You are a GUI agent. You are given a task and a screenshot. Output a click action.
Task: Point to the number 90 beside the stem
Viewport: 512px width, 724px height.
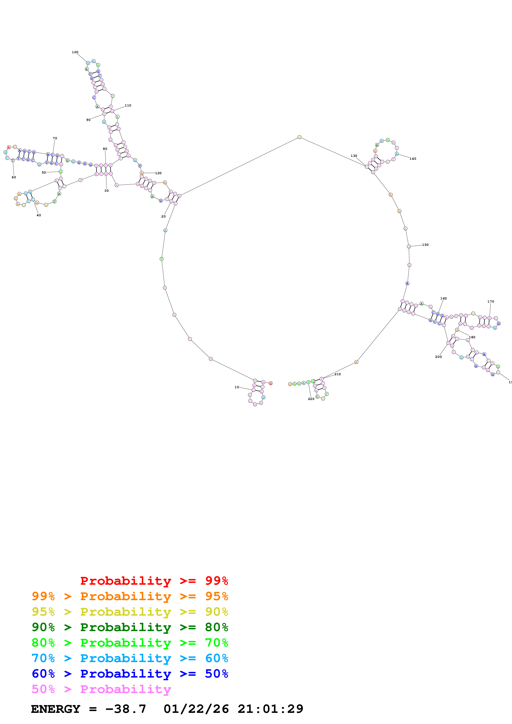tap(88, 120)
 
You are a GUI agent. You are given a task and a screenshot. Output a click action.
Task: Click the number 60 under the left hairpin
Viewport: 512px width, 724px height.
tap(14, 177)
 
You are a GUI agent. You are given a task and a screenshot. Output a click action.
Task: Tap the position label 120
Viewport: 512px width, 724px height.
tap(158, 173)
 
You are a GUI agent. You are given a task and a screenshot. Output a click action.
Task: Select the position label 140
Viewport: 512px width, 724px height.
tap(413, 159)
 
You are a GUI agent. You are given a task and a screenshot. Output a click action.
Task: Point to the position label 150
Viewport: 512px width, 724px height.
tap(425, 245)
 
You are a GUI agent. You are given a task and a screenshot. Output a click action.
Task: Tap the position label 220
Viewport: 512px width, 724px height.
tap(311, 399)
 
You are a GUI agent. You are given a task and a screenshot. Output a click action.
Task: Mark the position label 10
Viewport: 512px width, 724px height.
tap(237, 387)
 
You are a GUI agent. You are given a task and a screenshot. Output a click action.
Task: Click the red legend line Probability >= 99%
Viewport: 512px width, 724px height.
tap(154, 581)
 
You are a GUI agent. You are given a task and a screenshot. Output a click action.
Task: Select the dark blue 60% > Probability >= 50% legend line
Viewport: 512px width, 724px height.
tap(130, 674)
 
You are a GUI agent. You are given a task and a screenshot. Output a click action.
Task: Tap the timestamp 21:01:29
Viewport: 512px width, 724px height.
tap(270, 709)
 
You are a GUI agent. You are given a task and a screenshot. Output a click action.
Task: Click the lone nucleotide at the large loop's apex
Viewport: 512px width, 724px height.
tap(299, 137)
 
